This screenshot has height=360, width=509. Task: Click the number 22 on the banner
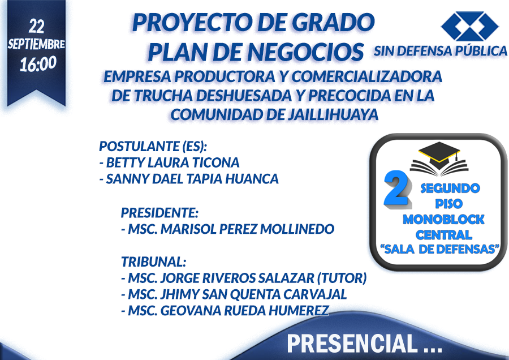click(x=36, y=26)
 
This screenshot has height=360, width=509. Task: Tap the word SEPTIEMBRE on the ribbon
click(x=36, y=44)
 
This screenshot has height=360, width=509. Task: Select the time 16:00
click(x=38, y=64)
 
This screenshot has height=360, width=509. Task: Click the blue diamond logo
click(x=469, y=26)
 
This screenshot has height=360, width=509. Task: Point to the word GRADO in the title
click(x=333, y=23)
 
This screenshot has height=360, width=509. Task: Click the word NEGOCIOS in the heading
click(x=305, y=52)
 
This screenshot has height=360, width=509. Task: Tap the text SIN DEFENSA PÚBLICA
click(x=441, y=51)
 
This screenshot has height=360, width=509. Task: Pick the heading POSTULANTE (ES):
click(x=153, y=146)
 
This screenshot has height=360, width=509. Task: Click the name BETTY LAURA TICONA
click(x=172, y=162)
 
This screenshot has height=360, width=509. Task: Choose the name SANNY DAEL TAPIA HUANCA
click(x=192, y=179)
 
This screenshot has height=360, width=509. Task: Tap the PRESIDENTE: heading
click(x=159, y=213)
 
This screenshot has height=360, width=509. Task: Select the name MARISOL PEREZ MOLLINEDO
click(x=247, y=229)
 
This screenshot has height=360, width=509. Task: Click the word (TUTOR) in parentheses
click(x=342, y=278)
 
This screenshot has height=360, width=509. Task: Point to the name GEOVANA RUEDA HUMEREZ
click(x=245, y=311)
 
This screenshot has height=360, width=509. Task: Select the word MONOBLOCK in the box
click(x=443, y=220)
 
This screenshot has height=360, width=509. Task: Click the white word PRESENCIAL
click(x=352, y=344)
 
